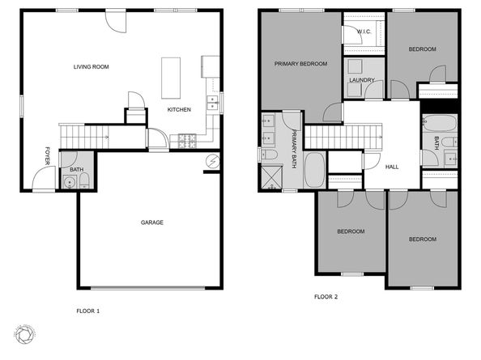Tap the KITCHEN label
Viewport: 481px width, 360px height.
tap(179, 109)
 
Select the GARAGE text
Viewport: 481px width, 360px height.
tap(151, 222)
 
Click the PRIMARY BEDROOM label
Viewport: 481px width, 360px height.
tap(300, 64)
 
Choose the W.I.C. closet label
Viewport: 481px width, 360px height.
tap(364, 32)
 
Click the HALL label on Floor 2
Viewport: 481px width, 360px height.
tap(392, 167)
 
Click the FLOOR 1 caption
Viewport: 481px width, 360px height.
tap(87, 311)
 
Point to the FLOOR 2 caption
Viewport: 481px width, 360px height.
tap(326, 297)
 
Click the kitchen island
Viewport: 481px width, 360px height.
tap(172, 75)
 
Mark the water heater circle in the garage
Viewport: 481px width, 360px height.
tap(213, 161)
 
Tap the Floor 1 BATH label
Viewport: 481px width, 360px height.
tap(76, 170)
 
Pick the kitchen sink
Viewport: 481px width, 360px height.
tap(212, 102)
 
